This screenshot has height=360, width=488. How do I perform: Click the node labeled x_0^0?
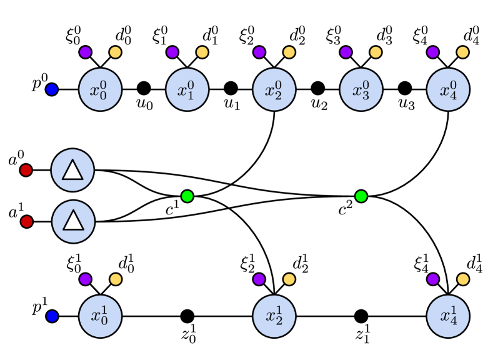point(100,89)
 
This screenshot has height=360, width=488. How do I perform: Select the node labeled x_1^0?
point(187,89)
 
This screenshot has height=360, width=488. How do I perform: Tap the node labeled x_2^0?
point(274,89)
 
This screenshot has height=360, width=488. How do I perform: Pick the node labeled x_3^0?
point(361,89)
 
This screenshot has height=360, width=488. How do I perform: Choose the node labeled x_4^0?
point(448,89)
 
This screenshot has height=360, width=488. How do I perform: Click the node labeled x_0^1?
point(100,316)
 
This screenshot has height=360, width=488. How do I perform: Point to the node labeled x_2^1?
point(274,316)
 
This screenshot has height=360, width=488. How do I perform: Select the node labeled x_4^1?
point(448,316)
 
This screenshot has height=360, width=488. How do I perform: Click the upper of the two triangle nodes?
point(72,170)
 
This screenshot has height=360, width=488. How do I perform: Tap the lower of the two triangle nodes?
point(73,221)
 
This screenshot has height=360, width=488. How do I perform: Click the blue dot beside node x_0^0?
point(52,89)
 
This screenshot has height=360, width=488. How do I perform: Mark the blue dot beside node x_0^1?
point(52,316)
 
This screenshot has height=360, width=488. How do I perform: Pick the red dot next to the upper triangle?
point(26,170)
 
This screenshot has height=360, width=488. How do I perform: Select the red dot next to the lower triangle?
point(26,221)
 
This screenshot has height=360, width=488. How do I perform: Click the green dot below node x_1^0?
point(187,196)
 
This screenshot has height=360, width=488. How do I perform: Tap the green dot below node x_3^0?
point(361,196)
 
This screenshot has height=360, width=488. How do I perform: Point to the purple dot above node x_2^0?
point(259,52)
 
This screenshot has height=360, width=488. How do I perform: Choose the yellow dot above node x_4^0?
point(462,52)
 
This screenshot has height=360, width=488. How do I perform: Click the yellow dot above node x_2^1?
point(289,279)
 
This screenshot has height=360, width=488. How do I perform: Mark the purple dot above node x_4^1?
point(433,279)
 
